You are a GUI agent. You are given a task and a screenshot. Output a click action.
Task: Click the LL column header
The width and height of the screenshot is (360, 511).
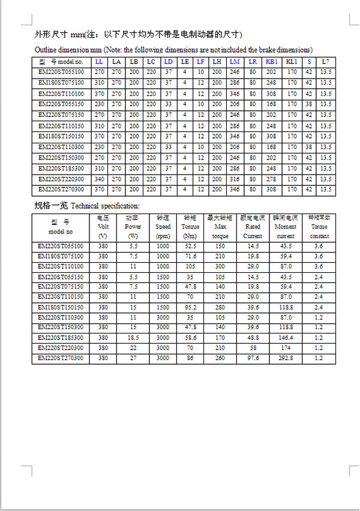click(x=99, y=62)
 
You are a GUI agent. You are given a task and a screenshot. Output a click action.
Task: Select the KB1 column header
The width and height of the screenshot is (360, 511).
click(x=271, y=62)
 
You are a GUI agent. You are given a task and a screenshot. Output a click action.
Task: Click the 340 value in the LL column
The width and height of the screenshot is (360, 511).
click(x=99, y=179)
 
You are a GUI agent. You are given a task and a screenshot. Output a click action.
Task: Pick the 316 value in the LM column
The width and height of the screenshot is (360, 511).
click(x=234, y=179)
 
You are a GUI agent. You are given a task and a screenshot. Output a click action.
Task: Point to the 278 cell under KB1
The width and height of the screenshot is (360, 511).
click(x=271, y=179)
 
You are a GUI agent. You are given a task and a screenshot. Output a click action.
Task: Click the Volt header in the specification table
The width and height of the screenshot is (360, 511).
click(x=103, y=227)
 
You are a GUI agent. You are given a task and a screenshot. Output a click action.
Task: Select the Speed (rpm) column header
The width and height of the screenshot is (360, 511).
click(x=163, y=227)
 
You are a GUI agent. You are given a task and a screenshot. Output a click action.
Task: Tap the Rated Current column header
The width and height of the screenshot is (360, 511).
click(x=253, y=227)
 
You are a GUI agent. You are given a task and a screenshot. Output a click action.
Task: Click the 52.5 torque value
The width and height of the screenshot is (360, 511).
click(x=191, y=246)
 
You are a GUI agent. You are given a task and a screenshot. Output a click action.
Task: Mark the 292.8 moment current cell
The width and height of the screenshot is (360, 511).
click(x=286, y=358)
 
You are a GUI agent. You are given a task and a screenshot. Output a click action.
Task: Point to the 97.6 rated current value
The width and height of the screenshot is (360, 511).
click(x=253, y=358)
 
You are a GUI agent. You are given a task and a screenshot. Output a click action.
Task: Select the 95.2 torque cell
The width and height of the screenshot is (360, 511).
click(x=191, y=307)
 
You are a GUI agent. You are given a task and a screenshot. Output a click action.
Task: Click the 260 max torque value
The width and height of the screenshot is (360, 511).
click(x=220, y=358)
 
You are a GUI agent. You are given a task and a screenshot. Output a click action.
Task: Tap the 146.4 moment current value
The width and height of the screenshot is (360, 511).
click(x=286, y=338)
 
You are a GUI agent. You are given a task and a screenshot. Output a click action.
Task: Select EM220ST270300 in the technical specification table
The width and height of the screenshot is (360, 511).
click(x=61, y=358)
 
